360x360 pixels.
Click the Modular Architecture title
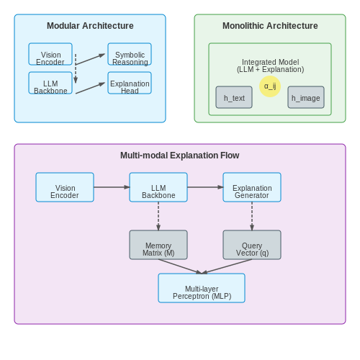90,26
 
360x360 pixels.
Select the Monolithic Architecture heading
270,26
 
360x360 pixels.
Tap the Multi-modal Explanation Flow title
180,156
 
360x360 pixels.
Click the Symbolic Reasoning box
130,54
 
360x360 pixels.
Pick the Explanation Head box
130,83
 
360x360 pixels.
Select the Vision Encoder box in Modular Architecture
50,54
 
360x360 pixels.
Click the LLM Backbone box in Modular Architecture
50,83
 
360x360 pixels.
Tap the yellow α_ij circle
270,86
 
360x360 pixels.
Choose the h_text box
234,97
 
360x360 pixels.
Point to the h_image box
306,97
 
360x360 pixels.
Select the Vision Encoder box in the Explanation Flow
65,187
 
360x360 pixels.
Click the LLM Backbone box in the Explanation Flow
158,187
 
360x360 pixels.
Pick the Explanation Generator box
252,187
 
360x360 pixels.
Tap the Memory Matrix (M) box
158,245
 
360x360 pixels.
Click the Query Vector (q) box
252,245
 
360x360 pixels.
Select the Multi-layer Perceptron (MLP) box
202,288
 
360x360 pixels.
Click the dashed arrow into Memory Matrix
158,216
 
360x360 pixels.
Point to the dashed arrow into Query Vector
252,216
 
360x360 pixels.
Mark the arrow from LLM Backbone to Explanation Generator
205,187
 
